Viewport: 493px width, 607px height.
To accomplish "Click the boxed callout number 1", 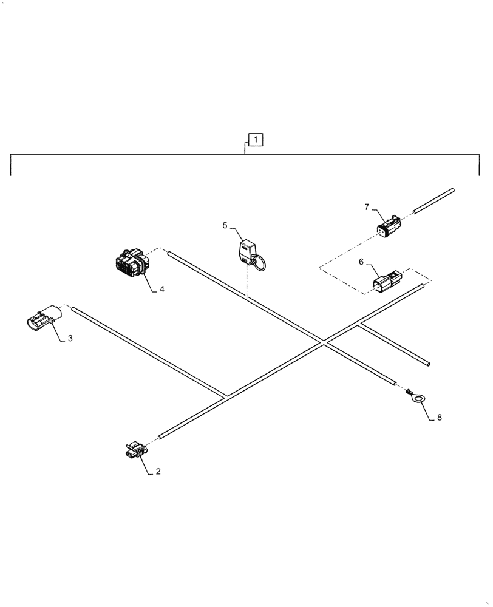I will tap(256, 140).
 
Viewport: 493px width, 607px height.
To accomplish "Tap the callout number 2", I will tap(158, 471).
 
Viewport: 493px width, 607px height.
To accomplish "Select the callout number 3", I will tap(70, 339).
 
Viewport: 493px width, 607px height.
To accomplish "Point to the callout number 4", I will tap(161, 290).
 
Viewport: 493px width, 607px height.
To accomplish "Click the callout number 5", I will tap(225, 225).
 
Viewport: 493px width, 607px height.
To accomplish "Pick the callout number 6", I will tap(361, 261).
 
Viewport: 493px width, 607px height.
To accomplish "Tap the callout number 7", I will tap(367, 207).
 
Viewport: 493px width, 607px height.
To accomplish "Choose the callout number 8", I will tap(440, 418).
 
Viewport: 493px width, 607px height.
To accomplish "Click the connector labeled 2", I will tap(136, 452).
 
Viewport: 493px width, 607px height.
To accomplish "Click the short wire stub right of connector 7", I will tap(433, 200).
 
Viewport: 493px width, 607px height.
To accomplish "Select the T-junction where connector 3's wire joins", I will tap(225, 397).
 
